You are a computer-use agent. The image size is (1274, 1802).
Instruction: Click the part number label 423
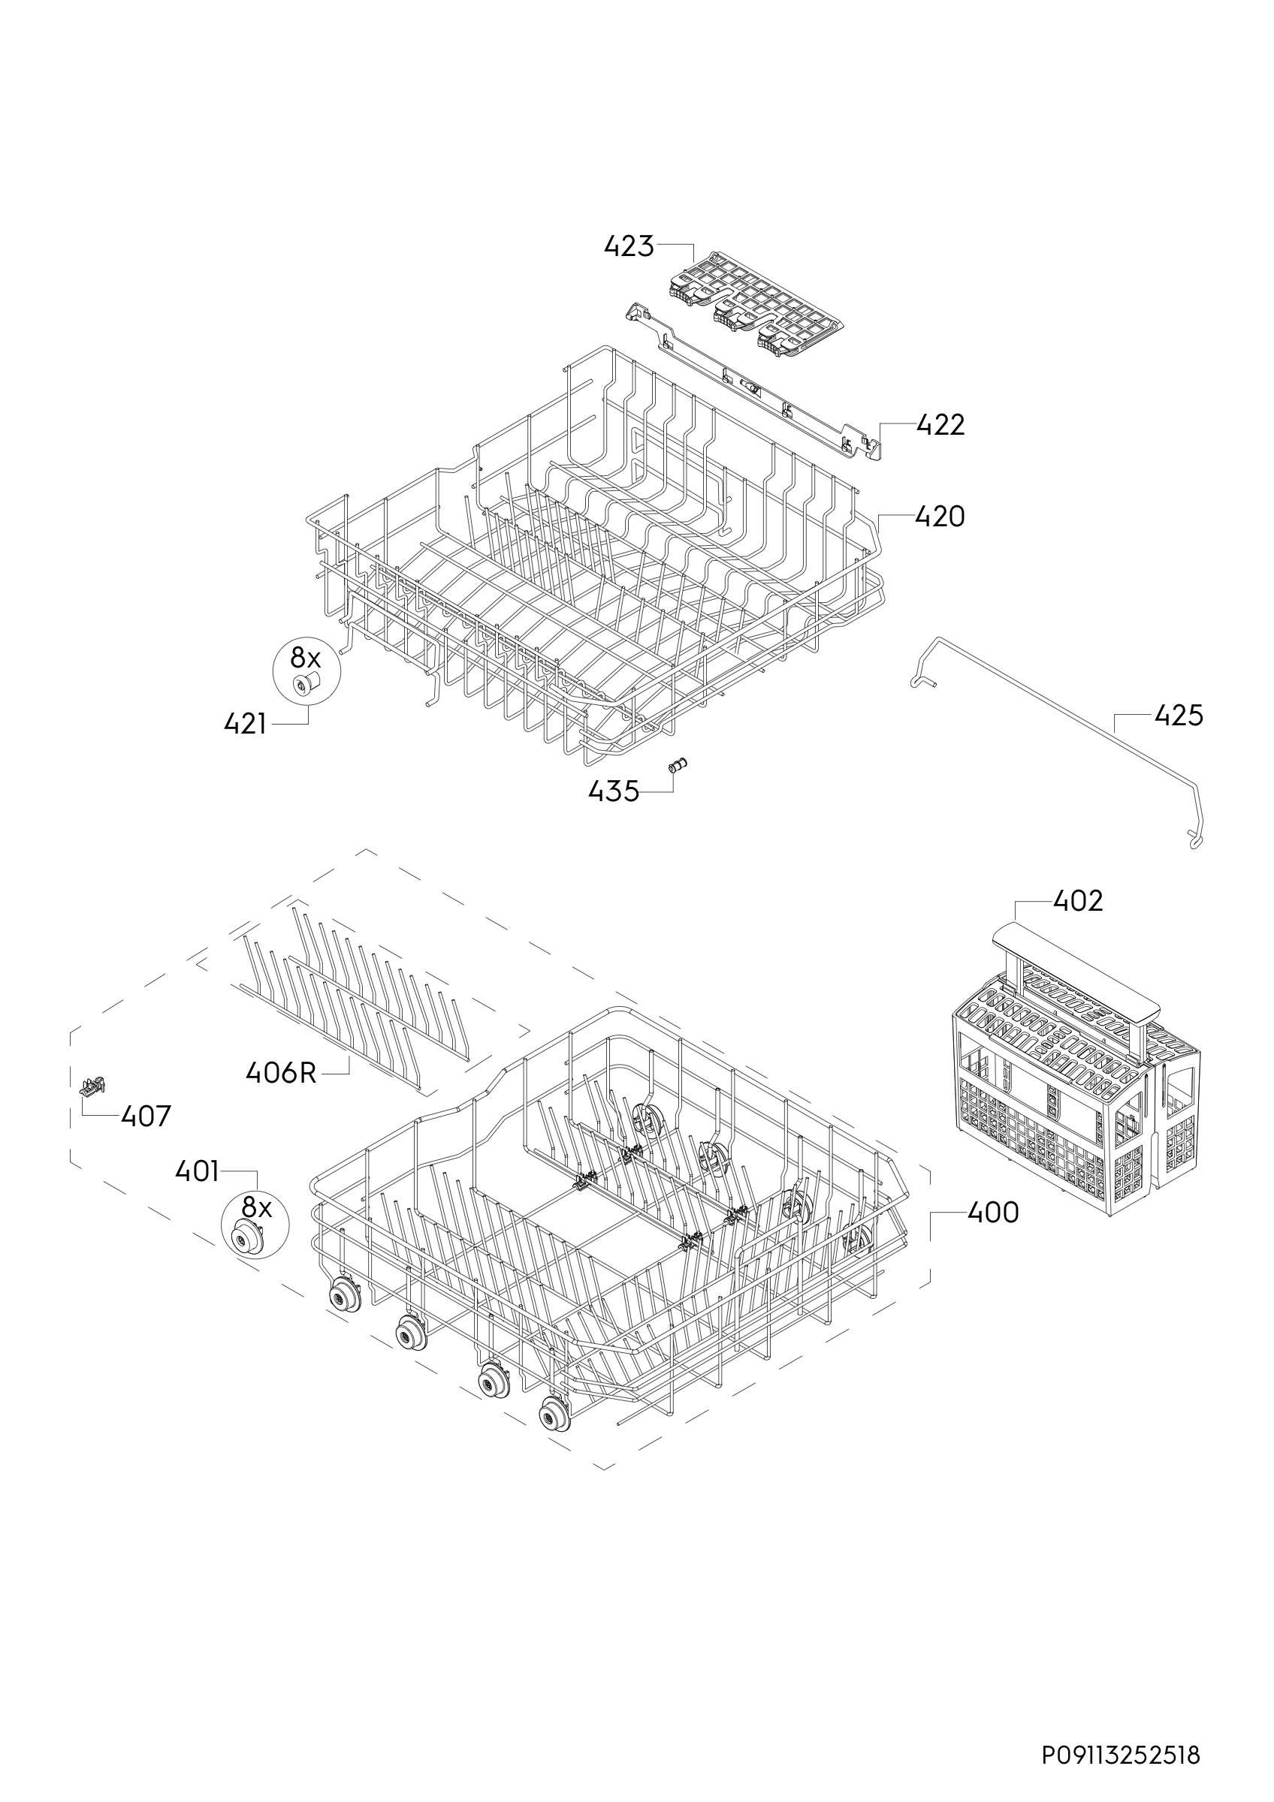(629, 246)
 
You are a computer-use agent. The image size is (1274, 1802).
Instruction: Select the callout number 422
(940, 425)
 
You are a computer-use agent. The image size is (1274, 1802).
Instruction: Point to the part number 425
(1179, 715)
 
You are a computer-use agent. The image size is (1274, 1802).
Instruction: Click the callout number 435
(614, 792)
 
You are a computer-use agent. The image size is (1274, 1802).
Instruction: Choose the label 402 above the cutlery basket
(1078, 901)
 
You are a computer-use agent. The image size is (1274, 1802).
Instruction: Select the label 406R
(281, 1072)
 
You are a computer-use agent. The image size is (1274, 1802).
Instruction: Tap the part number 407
(146, 1116)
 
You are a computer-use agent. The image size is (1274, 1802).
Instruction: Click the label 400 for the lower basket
(993, 1213)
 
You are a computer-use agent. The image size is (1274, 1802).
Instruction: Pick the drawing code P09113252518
(1121, 1733)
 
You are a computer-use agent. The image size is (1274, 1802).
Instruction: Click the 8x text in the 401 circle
(256, 1206)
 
